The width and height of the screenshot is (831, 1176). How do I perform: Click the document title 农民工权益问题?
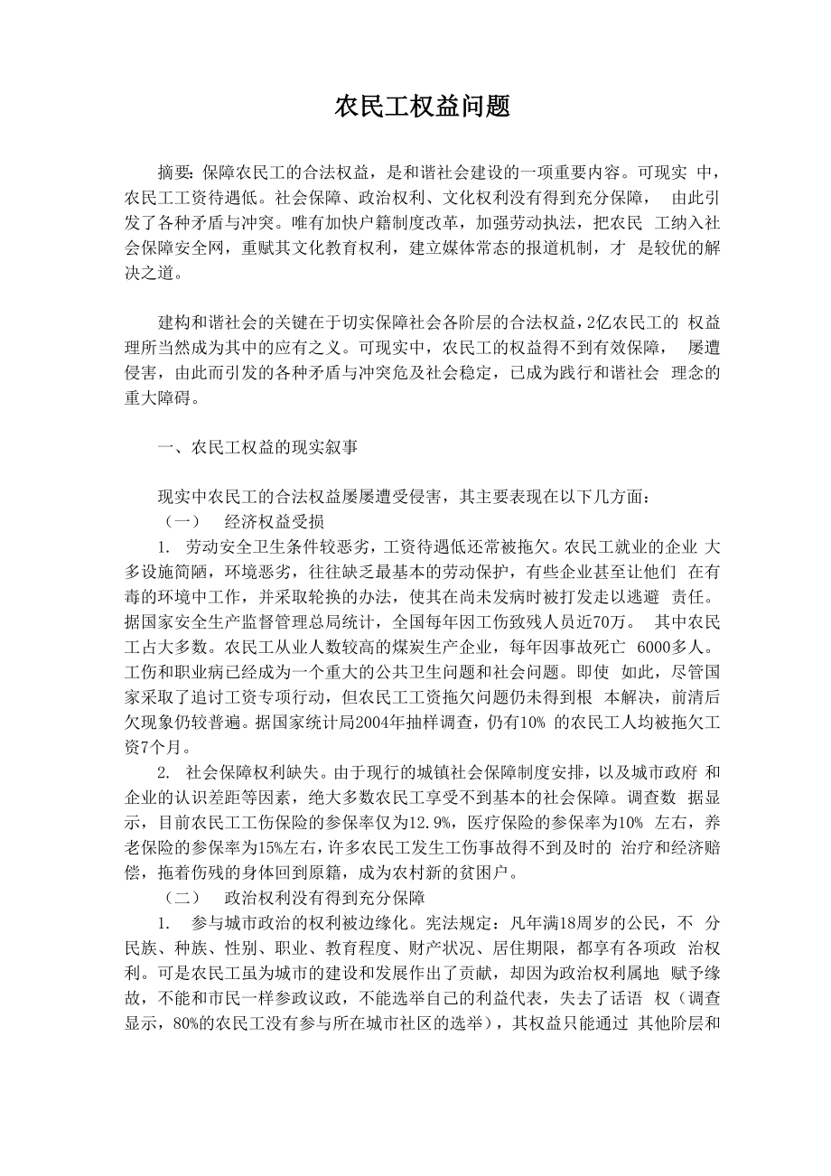tap(423, 107)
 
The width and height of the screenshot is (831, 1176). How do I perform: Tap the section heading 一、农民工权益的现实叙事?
tap(260, 445)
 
